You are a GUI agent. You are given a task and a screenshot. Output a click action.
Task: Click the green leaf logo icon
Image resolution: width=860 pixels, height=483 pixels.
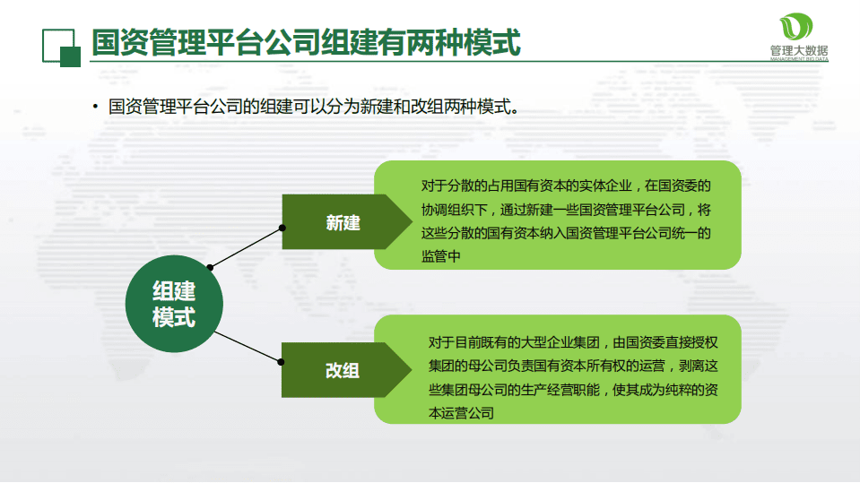(x=797, y=27)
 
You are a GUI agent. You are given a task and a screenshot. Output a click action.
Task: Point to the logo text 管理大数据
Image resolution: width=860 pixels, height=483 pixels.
(x=798, y=51)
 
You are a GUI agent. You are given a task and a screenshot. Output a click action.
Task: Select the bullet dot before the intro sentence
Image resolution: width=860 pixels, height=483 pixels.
(x=94, y=108)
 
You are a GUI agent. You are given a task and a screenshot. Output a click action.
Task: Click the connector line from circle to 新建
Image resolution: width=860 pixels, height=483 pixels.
(x=247, y=246)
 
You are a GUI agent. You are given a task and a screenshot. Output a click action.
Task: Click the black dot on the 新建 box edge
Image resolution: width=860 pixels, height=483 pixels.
(x=283, y=227)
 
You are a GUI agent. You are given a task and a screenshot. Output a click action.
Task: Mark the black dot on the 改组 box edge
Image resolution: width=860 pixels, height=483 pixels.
(x=282, y=362)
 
